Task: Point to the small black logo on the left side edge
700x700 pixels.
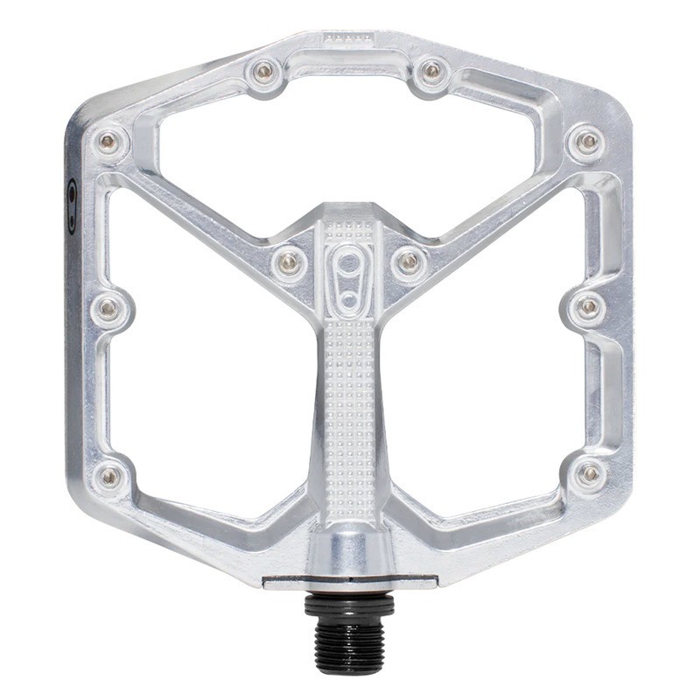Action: (72, 206)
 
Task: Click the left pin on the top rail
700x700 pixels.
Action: (264, 73)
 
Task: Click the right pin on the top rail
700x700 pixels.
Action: (431, 73)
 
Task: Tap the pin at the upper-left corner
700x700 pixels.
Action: (108, 142)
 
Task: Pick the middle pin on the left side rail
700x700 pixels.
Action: (108, 307)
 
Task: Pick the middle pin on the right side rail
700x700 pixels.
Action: (589, 307)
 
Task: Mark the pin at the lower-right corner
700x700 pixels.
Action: (590, 473)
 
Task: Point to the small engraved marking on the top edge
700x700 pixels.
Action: (348, 38)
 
